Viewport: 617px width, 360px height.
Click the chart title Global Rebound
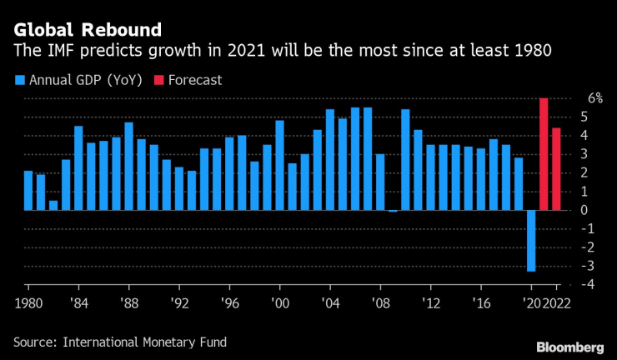[87, 30]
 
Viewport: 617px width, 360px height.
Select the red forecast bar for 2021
[544, 154]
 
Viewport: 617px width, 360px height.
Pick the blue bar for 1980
[28, 190]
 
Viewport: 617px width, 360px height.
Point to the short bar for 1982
[53, 205]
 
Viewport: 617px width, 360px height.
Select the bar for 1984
[78, 167]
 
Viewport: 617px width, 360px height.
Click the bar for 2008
[380, 182]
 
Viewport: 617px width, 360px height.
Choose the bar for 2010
[405, 159]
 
